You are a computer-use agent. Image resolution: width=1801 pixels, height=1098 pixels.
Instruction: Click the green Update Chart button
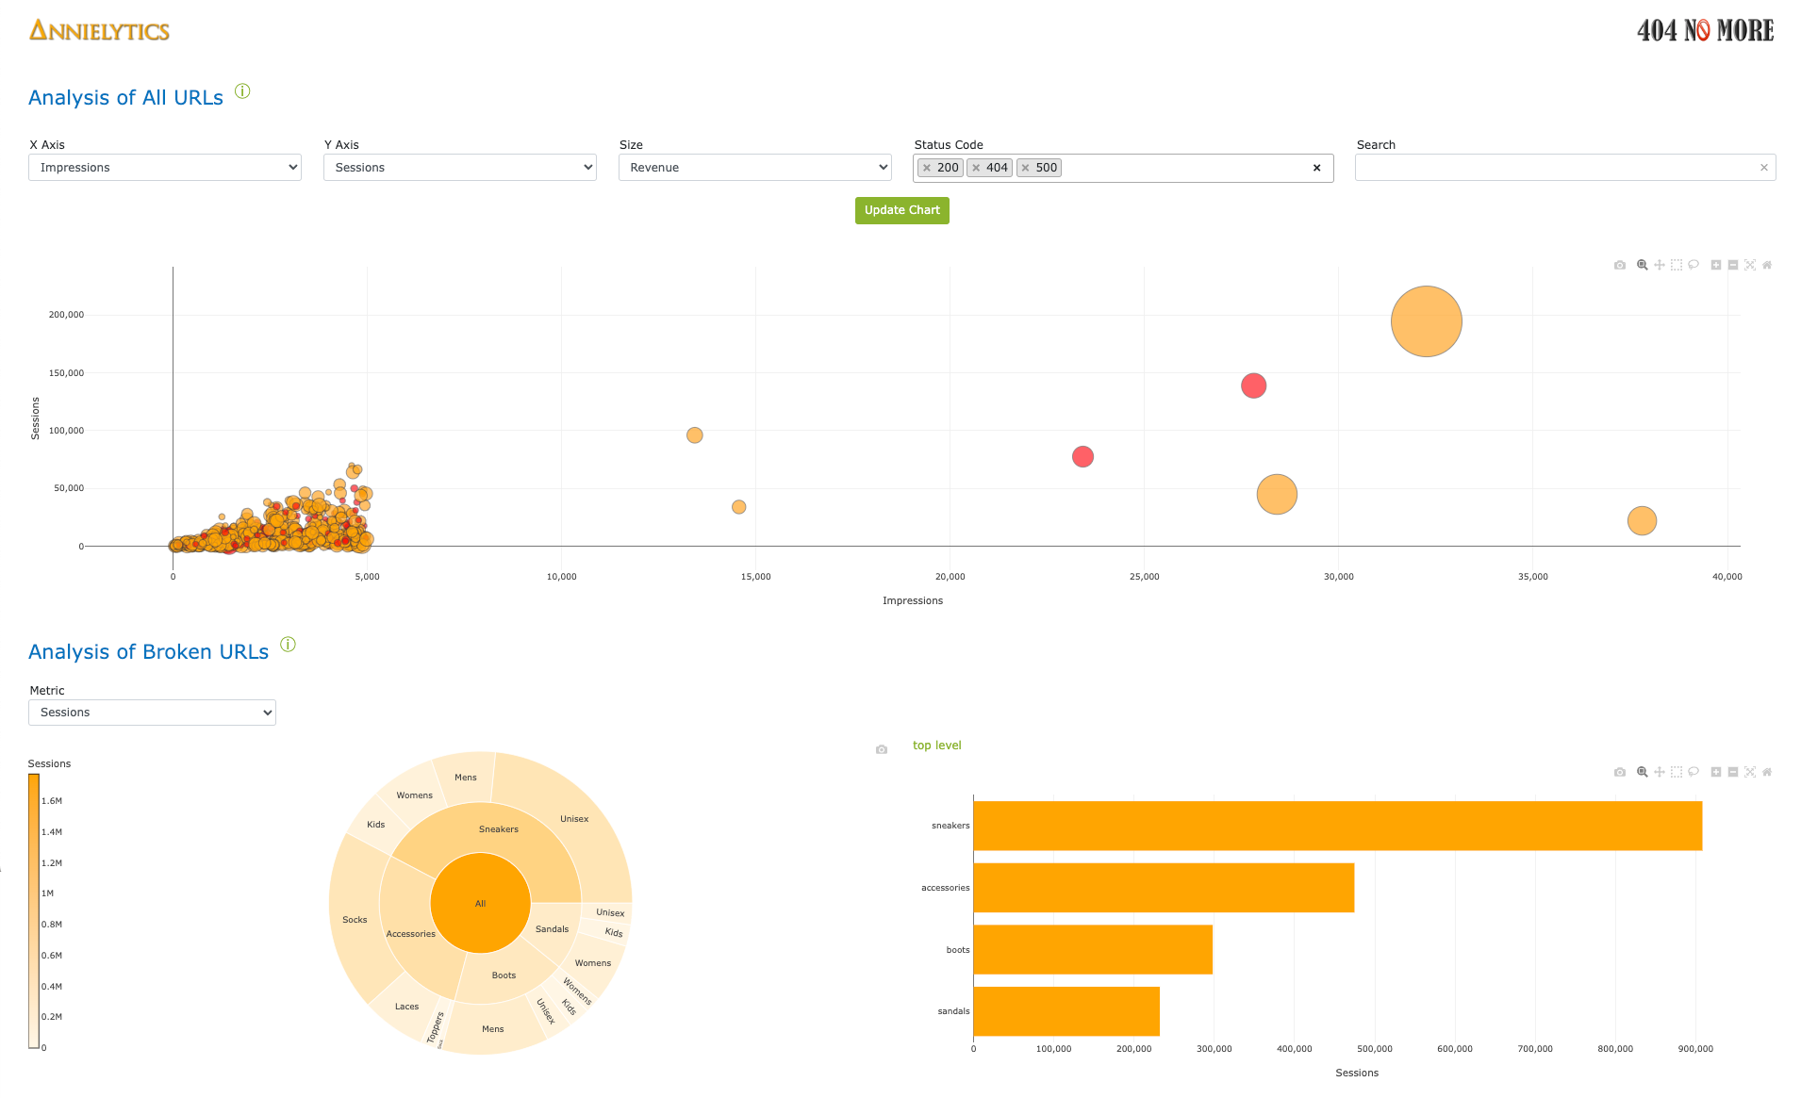(x=901, y=210)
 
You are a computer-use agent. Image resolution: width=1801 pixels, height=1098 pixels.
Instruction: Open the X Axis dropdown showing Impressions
(x=165, y=168)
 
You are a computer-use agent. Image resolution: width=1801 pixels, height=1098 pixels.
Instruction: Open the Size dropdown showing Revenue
(x=754, y=168)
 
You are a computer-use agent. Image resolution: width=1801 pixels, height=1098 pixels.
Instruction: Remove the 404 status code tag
(x=977, y=168)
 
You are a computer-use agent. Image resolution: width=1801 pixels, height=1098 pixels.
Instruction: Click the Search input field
(x=1556, y=168)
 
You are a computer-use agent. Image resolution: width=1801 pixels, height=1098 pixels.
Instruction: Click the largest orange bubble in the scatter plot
(x=1426, y=321)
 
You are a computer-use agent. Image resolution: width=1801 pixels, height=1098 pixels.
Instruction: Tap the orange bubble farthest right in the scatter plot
(x=1642, y=520)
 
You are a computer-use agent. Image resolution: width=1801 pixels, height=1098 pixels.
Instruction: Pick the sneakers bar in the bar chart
(x=1337, y=826)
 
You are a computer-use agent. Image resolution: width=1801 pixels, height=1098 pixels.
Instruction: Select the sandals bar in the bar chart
(x=1066, y=1011)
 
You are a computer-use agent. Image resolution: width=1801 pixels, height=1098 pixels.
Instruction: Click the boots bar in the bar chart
(x=1092, y=949)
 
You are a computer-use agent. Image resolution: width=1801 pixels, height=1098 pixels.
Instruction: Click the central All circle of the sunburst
(x=480, y=903)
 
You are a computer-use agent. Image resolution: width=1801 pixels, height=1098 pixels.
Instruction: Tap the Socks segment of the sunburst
(x=355, y=919)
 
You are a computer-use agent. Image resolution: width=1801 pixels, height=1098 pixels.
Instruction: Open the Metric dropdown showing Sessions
(x=152, y=713)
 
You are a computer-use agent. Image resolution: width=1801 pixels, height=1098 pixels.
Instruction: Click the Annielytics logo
(x=99, y=31)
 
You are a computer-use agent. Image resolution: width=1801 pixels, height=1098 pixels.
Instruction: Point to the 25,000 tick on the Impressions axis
(x=1144, y=577)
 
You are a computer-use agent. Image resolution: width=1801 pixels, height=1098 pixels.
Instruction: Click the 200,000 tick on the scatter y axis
(x=66, y=315)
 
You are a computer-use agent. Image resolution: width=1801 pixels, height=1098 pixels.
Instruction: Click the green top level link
(x=936, y=746)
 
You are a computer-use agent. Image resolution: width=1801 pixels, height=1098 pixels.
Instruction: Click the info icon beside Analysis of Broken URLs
(x=289, y=645)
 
